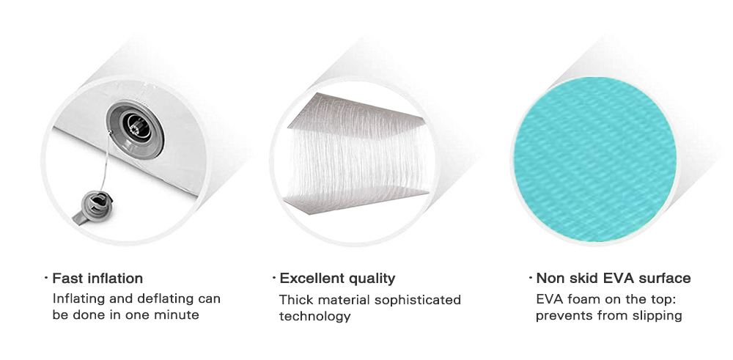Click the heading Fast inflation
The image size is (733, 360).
click(x=97, y=278)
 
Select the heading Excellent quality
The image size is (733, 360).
click(x=337, y=279)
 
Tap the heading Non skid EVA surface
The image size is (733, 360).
click(x=614, y=278)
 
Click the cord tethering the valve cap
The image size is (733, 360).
click(x=106, y=161)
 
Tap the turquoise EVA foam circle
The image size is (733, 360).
click(x=595, y=160)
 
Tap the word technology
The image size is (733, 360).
click(x=314, y=317)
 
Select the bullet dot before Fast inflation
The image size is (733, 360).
click(x=46, y=278)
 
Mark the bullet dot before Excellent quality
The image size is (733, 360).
click(x=274, y=278)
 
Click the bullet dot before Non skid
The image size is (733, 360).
click(x=531, y=278)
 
